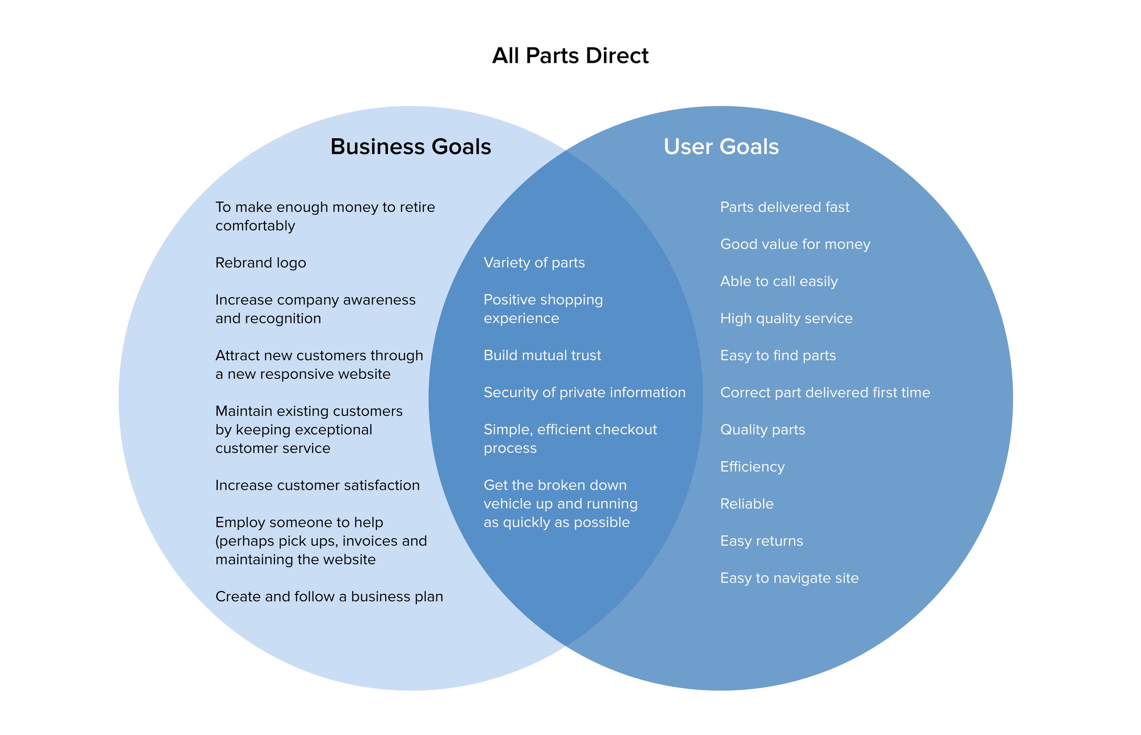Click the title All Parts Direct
570,55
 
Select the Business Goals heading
410,147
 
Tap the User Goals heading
721,147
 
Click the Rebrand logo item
261,263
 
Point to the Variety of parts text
534,263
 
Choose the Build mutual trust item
542,356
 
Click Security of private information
584,393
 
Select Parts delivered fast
784,207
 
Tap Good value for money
795,244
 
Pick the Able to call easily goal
779,282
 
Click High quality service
785,319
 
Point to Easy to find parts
778,356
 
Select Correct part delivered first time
825,393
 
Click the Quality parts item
762,430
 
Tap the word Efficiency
752,467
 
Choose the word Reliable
747,504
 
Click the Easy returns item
761,541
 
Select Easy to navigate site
789,578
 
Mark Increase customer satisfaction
317,485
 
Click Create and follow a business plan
329,597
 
